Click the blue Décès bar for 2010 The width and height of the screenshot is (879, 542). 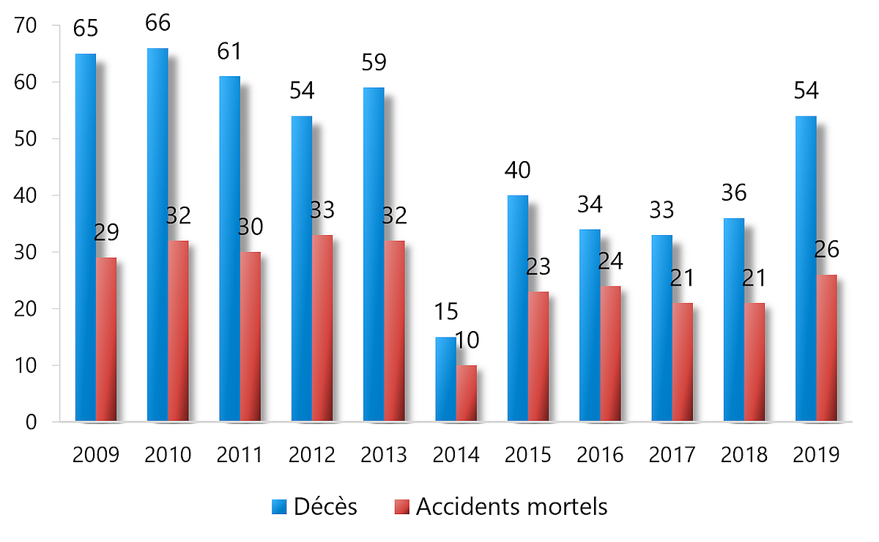click(157, 234)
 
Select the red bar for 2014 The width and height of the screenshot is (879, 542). click(467, 394)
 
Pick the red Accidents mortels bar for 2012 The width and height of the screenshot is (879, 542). click(322, 329)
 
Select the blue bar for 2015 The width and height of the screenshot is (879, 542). click(518, 308)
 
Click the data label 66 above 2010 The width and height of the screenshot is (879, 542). click(157, 23)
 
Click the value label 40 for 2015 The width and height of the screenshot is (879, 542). click(517, 170)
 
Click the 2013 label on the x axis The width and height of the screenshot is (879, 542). click(384, 455)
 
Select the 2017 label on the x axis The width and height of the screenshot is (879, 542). click(672, 455)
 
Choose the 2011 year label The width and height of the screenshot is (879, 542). click(240, 455)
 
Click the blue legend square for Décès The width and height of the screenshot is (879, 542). click(281, 507)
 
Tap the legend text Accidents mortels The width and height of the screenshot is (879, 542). click(511, 506)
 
